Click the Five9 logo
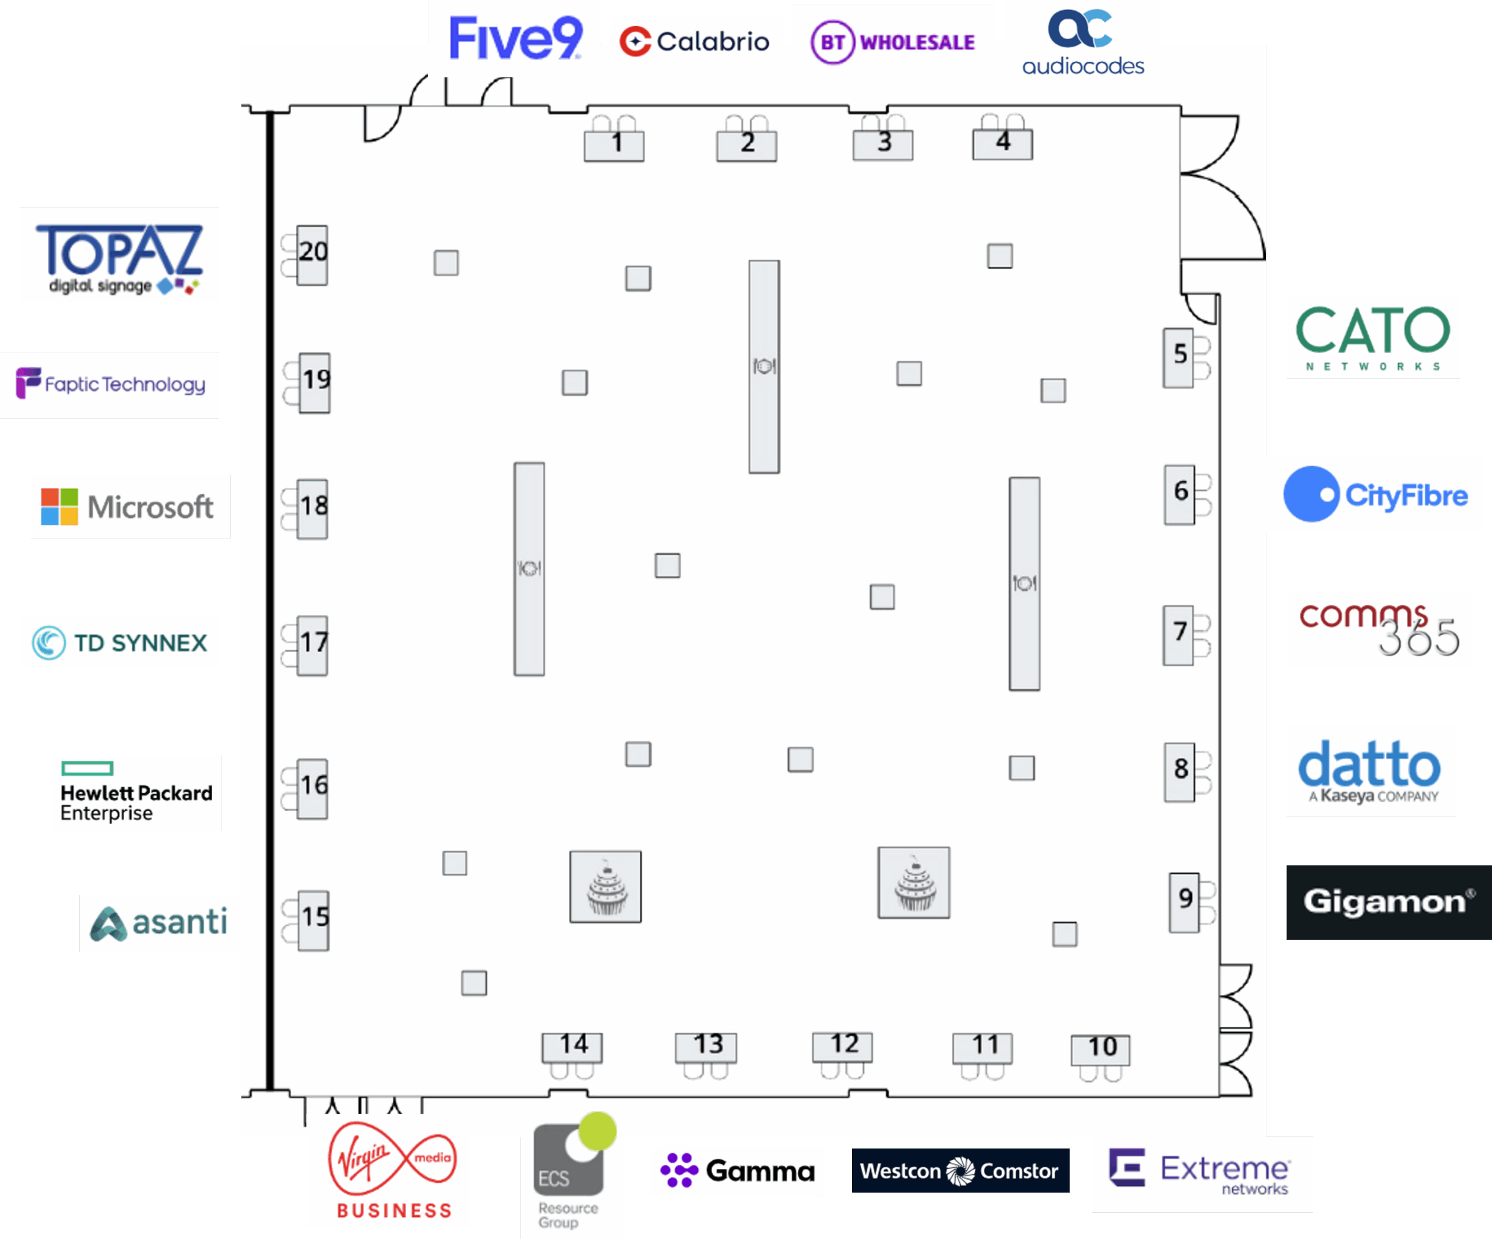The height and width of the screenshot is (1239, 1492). coord(516,38)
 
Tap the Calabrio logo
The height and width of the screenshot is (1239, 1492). coord(694,41)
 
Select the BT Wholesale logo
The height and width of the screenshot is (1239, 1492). coord(893,42)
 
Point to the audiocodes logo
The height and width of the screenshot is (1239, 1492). coord(1083,43)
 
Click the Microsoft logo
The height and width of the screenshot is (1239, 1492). coord(128,506)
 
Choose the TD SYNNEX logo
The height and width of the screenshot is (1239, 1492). coord(119,643)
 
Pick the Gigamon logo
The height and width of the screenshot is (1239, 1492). coord(1388,902)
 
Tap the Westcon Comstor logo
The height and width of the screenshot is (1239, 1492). coord(960,1170)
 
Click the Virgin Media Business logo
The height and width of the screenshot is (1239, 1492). coord(393,1170)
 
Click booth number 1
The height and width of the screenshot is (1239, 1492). coord(614,144)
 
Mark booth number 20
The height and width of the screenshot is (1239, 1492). coord(312,254)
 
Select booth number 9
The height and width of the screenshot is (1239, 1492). coord(1184,902)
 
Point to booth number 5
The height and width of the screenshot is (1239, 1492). coord(1178,357)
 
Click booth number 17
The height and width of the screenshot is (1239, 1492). coord(312,645)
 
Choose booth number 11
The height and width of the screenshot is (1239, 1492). coord(983,1048)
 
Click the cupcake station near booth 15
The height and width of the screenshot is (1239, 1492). coord(606,886)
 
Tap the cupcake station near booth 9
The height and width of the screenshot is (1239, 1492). coord(914,882)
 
